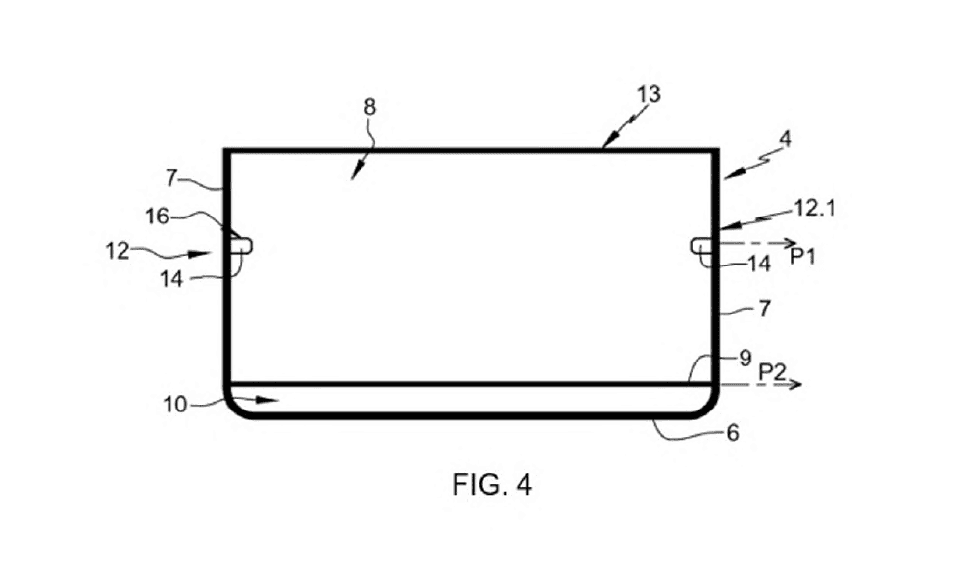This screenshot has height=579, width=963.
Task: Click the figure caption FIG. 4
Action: [492, 484]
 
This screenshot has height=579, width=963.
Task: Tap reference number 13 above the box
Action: [649, 95]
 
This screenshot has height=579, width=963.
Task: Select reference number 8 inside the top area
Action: [369, 107]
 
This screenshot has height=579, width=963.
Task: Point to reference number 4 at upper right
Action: [785, 139]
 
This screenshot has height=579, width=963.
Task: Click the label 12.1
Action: [815, 209]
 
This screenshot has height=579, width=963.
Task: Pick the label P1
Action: [802, 256]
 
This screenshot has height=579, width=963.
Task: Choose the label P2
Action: [772, 372]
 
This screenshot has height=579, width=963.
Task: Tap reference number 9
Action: [745, 358]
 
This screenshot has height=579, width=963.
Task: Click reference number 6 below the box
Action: [733, 433]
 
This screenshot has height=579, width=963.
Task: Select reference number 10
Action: [175, 405]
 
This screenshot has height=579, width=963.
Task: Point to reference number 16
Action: [157, 217]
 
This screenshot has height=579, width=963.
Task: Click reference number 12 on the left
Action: [118, 251]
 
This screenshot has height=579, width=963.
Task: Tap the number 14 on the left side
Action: [172, 279]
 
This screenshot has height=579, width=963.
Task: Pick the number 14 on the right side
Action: [759, 264]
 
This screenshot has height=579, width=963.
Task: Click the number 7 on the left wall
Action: [171, 178]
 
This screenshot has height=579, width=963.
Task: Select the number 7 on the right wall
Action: [765, 309]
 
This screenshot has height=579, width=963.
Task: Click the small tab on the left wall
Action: [241, 246]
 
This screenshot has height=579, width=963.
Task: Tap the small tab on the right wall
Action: [701, 246]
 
